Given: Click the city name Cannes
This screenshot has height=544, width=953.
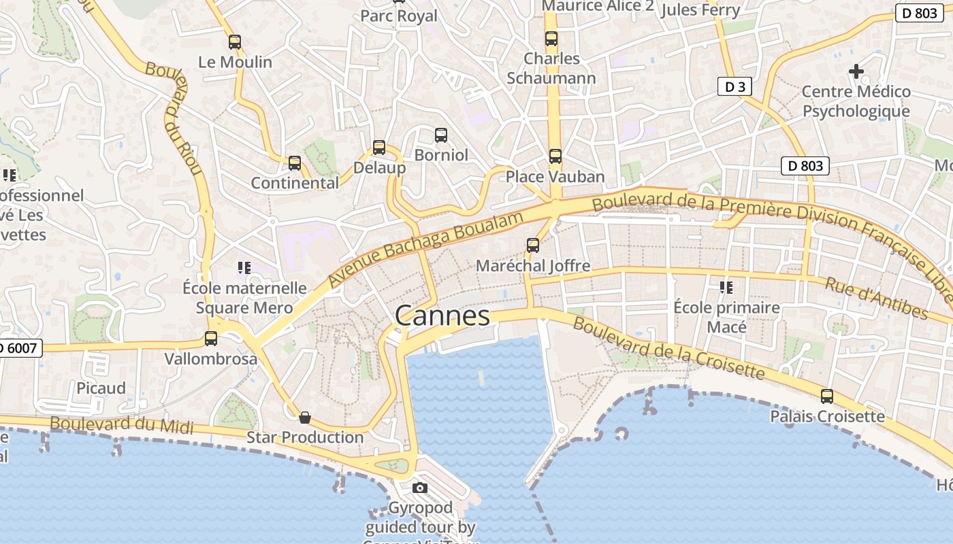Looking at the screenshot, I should [x=442, y=316].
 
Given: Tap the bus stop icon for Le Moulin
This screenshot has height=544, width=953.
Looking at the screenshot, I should [x=235, y=42].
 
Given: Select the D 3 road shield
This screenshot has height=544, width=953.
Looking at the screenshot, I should [x=734, y=86].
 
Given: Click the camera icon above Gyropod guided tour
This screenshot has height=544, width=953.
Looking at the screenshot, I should [x=420, y=488].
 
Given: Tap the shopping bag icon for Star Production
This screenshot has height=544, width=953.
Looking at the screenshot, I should [x=305, y=417].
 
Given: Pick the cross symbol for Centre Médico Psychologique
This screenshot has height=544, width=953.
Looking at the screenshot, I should [x=856, y=71].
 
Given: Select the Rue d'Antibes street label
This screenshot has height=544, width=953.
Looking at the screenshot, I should [x=876, y=298].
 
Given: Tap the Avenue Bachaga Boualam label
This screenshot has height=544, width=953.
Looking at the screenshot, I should [x=426, y=248].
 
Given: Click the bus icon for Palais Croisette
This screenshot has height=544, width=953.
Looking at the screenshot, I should [x=827, y=396].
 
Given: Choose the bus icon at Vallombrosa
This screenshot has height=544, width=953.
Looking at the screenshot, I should [x=211, y=338].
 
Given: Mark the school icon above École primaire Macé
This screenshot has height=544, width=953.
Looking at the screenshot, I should [x=726, y=288].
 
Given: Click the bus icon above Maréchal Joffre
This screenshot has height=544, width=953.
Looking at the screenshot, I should [x=533, y=245].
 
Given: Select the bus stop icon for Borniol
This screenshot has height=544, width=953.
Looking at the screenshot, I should [x=441, y=135].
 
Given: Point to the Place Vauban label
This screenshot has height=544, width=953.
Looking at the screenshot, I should [x=555, y=177].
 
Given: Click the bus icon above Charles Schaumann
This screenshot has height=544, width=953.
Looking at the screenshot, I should [x=551, y=39].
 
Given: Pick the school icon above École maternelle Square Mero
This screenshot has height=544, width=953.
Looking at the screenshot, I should [x=244, y=268].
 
